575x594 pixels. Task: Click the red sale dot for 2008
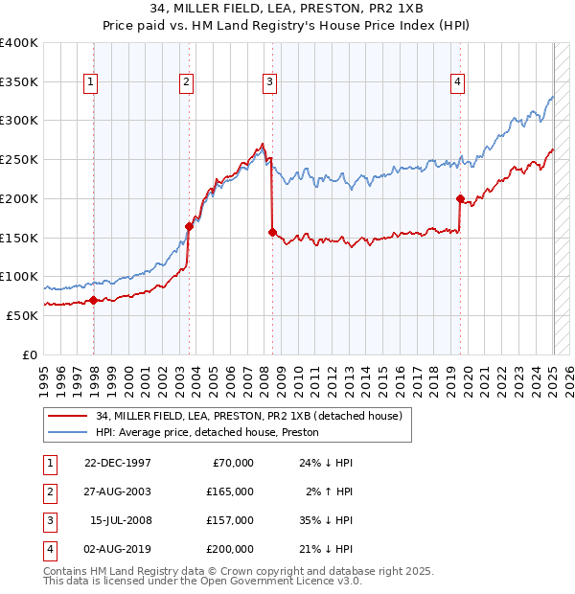(x=273, y=232)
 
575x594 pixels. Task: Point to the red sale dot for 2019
(x=460, y=199)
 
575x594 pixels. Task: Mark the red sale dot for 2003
(x=189, y=226)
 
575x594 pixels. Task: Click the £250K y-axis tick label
(x=19, y=160)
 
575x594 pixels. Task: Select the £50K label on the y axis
(x=23, y=315)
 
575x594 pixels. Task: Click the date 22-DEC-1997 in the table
(x=117, y=463)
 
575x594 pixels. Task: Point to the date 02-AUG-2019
(x=117, y=549)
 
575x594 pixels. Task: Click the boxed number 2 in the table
(x=48, y=491)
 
